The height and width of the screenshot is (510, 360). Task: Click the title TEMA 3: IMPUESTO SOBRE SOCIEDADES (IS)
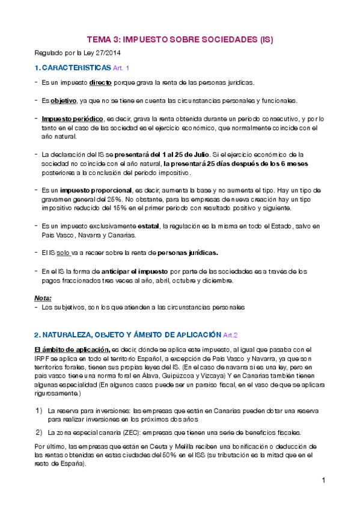pos(180,40)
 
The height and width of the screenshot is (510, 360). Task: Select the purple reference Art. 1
pos(121,68)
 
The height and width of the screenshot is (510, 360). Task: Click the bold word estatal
pos(148,226)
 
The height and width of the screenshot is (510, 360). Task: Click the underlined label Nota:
pos(43,298)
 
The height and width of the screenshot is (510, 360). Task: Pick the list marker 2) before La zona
pos(38,432)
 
